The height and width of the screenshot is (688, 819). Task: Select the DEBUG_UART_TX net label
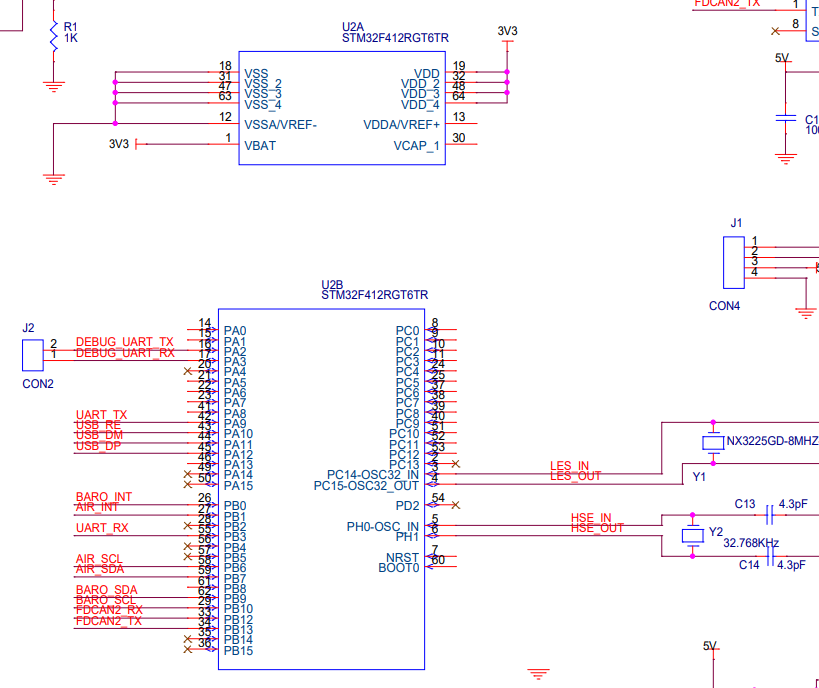pos(124,342)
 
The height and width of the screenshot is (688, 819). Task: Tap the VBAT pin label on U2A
pos(260,145)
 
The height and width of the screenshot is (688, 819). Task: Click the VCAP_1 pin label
pos(416,145)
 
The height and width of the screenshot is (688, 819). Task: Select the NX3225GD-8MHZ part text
pos(772,441)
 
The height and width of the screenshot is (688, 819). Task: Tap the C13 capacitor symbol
pos(769,515)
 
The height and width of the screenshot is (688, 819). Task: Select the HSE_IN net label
pos(590,517)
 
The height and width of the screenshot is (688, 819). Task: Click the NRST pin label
pos(403,558)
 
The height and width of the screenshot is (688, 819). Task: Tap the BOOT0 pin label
pos(399,568)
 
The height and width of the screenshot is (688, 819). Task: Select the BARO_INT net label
pos(103,497)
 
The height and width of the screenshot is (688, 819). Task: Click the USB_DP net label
pos(99,445)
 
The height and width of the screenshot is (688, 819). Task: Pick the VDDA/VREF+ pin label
pos(401,125)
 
